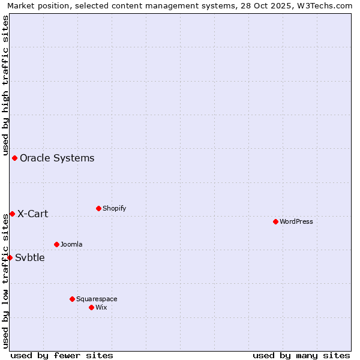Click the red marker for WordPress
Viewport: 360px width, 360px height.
275,221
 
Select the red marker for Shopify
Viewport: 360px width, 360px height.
98,208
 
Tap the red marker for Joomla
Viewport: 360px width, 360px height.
56,244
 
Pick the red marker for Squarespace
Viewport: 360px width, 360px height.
72,299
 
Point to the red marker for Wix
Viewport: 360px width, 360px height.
91,307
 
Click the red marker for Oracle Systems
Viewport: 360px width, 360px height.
14,158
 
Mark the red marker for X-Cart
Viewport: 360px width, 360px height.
12,214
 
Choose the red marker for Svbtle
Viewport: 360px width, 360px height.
10,257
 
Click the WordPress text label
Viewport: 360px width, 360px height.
296,221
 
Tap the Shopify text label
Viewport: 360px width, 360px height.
114,208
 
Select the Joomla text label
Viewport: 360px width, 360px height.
71,244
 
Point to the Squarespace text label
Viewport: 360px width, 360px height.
97,299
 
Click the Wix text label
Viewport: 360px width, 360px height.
101,307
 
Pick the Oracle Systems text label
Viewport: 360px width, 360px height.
57,158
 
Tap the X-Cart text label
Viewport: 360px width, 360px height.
32,214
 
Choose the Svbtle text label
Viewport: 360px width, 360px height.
29,257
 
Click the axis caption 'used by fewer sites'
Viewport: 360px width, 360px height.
62,355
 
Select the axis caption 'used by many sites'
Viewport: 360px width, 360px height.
301,355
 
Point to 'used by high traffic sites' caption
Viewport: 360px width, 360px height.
5,85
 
